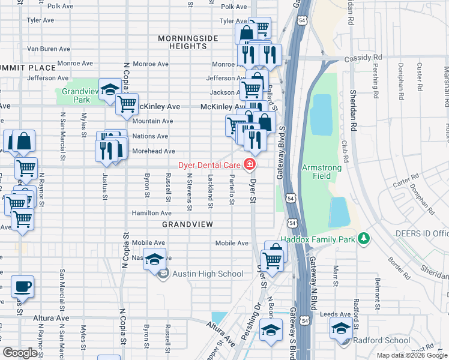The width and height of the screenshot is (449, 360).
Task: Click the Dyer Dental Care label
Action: click(x=209, y=164)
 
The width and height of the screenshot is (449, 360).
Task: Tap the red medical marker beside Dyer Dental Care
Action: click(x=249, y=164)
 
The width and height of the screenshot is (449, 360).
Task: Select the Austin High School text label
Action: click(x=208, y=274)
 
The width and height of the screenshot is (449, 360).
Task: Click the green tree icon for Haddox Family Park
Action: click(x=363, y=239)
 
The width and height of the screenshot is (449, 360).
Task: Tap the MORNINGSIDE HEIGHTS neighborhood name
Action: click(x=188, y=42)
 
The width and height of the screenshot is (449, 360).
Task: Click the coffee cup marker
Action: click(x=22, y=286)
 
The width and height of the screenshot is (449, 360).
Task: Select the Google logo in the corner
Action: click(x=20, y=353)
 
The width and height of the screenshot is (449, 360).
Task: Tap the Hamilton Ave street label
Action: click(x=152, y=213)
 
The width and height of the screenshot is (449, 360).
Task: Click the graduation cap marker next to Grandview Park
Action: click(x=109, y=90)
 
